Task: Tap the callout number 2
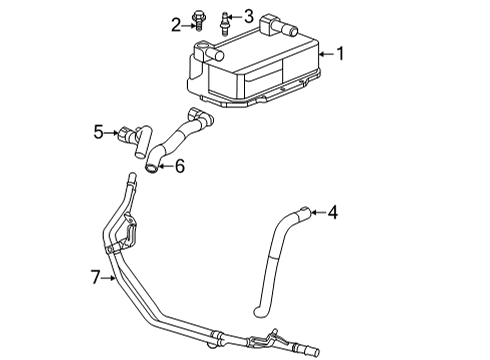[175, 23]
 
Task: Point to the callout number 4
[334, 212]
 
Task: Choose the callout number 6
[179, 166]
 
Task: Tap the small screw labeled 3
[227, 18]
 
